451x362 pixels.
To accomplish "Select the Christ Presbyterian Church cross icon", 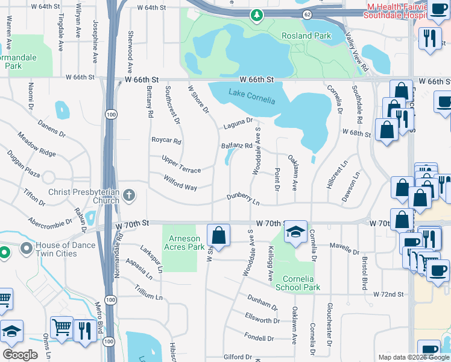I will click(x=129, y=195).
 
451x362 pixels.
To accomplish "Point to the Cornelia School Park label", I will click(x=297, y=283).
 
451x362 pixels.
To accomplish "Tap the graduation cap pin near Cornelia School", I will click(x=295, y=231).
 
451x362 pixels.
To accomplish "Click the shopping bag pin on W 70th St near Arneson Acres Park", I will click(x=218, y=234).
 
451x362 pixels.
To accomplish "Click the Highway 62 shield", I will click(x=307, y=13).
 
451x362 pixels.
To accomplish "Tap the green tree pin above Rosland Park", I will click(x=257, y=14).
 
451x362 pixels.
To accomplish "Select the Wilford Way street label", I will click(x=180, y=183).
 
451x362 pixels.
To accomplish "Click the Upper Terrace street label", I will click(x=181, y=163).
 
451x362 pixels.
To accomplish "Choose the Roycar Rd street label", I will click(x=166, y=141).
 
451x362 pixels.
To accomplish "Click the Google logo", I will click(x=20, y=355).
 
